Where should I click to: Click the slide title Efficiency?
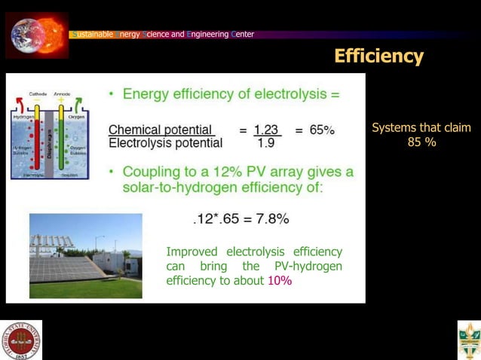coord(378,56)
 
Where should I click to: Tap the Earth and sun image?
coord(36,35)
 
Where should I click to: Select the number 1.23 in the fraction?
coord(267,130)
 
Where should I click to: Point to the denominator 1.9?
coord(265,142)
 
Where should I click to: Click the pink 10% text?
coord(280,280)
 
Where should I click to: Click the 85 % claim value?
coord(421,142)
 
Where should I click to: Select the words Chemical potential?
coord(161,130)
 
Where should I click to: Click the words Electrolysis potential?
coord(165,142)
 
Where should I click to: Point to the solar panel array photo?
coord(85,255)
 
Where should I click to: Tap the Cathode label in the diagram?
coord(38,94)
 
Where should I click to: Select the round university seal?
coord(21,340)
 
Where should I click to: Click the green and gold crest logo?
coord(468,340)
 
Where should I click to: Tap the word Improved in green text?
coord(191,252)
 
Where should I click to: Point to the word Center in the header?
coord(244,34)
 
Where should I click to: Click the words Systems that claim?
coord(421,128)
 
